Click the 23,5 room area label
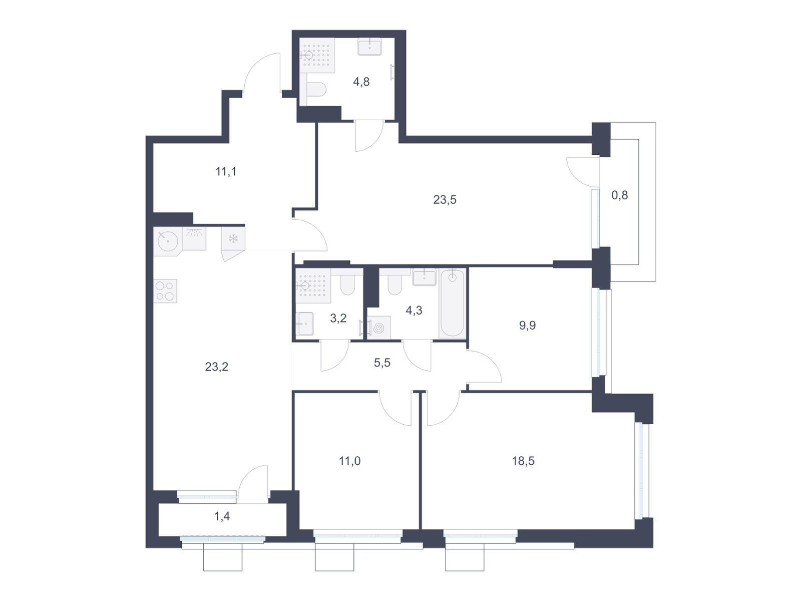(445, 200)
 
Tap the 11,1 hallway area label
(226, 171)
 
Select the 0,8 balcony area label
(620, 195)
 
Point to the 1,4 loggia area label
(222, 516)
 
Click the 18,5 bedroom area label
(523, 461)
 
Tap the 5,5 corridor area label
(382, 363)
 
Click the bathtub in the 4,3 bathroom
(453, 304)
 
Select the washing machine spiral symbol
(378, 328)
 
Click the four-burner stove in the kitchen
(165, 291)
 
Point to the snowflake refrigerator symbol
(233, 239)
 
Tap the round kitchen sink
(168, 241)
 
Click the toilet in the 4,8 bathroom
(316, 90)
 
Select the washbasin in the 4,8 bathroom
(369, 47)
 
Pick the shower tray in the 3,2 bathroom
(313, 285)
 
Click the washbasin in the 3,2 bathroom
(304, 324)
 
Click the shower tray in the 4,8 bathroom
(317, 55)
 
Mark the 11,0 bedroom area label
(349, 461)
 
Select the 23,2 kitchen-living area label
(216, 367)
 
